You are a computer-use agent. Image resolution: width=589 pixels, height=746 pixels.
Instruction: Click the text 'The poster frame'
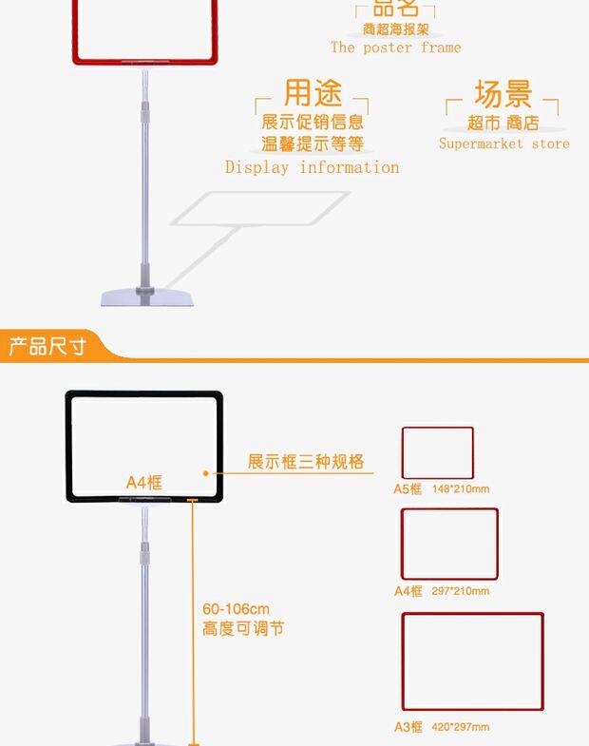pos(396,48)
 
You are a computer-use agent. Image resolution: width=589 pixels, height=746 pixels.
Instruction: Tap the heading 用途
pos(313,94)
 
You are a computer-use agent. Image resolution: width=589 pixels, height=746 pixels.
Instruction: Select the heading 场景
pos(503,94)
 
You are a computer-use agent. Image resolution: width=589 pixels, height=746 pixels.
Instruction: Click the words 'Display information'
pos(312,167)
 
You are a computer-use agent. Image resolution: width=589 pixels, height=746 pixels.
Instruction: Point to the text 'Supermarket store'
pos(503,144)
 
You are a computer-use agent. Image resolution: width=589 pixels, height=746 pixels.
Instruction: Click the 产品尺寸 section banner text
pos(47,346)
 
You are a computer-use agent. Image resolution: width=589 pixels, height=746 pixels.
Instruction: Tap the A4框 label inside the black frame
pos(144,482)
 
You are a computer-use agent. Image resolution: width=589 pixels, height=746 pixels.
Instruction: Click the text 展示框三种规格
pos(306,462)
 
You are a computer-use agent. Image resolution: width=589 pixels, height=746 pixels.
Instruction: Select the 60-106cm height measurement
pos(236,609)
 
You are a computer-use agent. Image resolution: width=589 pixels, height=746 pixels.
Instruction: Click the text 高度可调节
pos(242,628)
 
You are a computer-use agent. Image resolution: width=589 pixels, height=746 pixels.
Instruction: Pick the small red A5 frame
pos(437,453)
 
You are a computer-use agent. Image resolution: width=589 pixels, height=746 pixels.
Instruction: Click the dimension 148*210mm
pos(460,489)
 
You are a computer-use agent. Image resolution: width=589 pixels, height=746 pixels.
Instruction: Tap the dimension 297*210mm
pos(460,591)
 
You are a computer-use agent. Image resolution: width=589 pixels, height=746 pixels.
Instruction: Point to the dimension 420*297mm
pos(460,728)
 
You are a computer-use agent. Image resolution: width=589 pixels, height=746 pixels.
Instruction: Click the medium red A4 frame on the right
pos(448,544)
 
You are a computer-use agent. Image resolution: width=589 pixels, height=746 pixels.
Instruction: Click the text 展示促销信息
pos(313,122)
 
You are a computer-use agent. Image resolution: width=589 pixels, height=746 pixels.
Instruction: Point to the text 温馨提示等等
pos(313,144)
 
